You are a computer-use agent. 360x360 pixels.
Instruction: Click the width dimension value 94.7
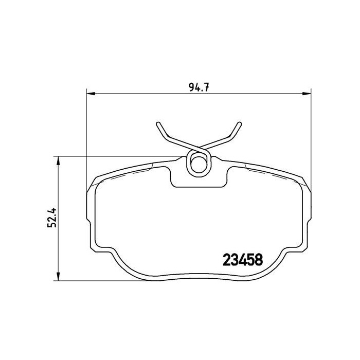[x=198, y=87]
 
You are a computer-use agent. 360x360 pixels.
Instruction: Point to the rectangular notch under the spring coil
[x=199, y=179]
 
